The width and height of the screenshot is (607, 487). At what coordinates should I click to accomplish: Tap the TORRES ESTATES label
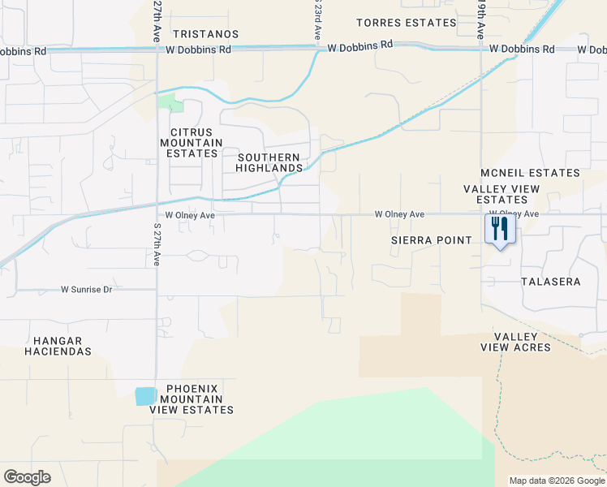tap(406, 22)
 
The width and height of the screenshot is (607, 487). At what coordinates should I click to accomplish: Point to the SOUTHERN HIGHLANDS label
tap(268, 162)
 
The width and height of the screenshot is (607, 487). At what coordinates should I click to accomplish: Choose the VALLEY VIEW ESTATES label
tap(502, 194)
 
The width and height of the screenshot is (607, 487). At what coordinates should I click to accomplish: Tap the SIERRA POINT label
tap(432, 240)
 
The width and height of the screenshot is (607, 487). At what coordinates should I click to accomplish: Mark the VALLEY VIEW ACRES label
tap(522, 342)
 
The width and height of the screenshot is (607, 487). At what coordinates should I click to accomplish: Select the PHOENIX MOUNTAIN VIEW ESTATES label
tap(192, 399)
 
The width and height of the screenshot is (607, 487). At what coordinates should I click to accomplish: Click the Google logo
tap(27, 477)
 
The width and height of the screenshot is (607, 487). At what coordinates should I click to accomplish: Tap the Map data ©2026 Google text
tap(557, 481)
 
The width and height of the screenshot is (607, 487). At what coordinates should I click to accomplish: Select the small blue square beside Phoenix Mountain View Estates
tap(145, 396)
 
